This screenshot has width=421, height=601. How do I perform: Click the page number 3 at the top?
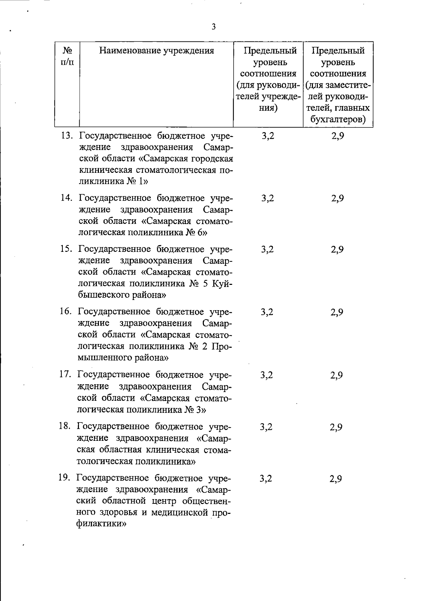coord(214,27)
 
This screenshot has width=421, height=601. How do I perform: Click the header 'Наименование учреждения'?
coord(156,51)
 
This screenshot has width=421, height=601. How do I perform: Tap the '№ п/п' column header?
coord(67,56)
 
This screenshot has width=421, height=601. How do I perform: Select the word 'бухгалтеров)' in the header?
coord(338,120)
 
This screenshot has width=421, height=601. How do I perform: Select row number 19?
coord(65,478)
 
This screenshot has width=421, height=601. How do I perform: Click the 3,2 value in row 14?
coord(268,198)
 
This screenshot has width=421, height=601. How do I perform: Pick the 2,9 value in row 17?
coord(336,375)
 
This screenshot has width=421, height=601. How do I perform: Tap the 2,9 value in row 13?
coord(338,136)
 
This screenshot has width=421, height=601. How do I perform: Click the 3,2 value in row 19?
coord(266,478)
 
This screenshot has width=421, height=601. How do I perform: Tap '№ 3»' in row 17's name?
coord(195,410)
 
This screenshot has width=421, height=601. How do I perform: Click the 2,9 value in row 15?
coord(337,249)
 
